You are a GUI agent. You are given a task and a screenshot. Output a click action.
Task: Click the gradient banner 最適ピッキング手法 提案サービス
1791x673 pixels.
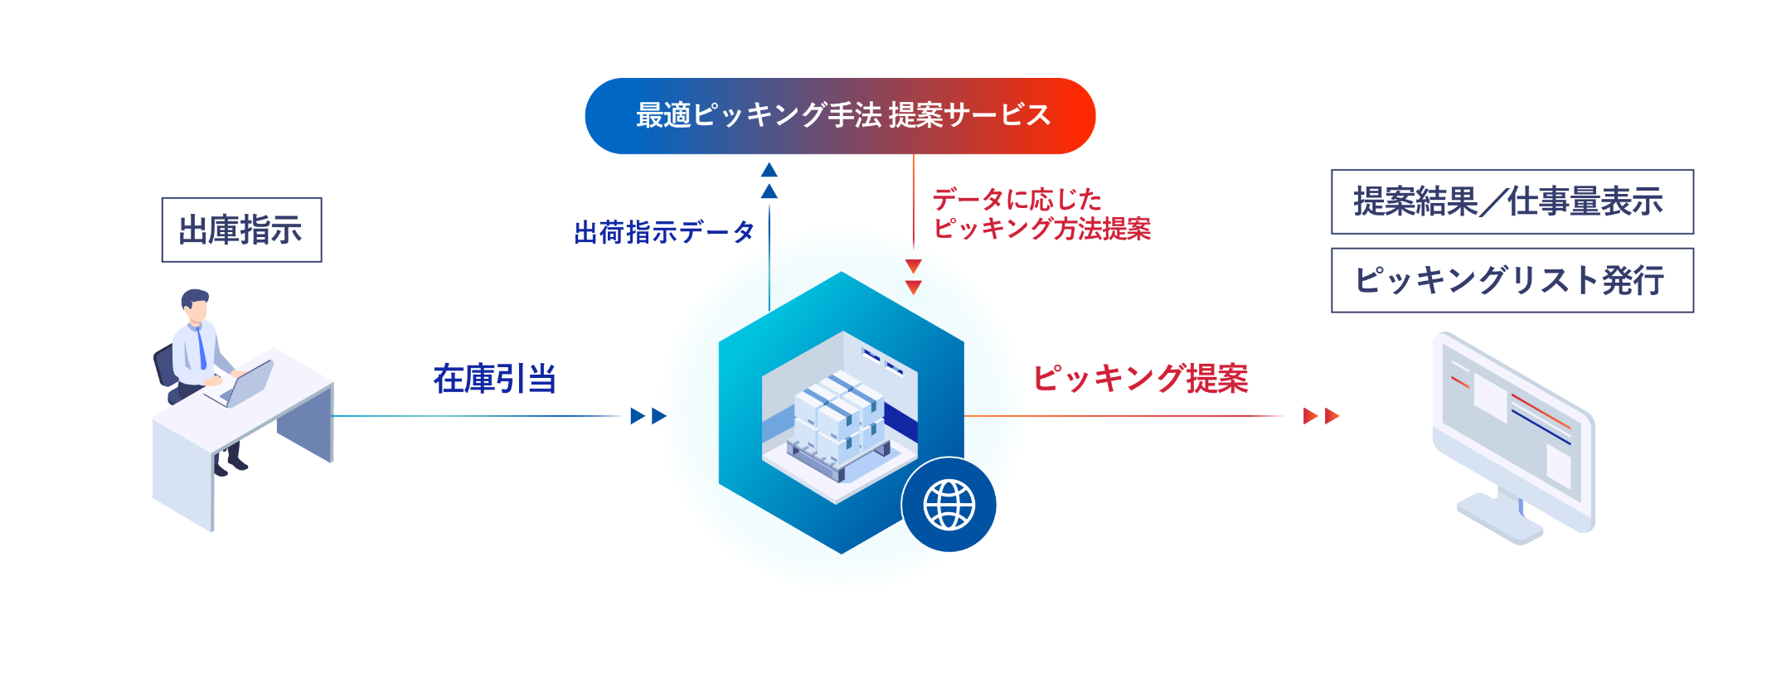click(x=840, y=116)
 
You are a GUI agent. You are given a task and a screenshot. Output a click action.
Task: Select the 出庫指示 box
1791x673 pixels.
click(x=241, y=230)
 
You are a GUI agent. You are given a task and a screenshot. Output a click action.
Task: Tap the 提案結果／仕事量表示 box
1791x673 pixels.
click(x=1512, y=201)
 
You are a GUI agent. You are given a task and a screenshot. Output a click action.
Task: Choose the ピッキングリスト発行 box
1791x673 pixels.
click(x=1512, y=280)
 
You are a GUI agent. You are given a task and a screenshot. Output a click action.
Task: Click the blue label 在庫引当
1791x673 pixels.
click(x=494, y=379)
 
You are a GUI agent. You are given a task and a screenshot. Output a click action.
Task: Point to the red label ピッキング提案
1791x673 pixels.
click(x=1140, y=379)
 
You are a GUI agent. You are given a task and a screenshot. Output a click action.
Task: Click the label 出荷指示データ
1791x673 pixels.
click(x=663, y=232)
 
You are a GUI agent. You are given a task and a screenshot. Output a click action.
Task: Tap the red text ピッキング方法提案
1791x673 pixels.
click(x=1041, y=229)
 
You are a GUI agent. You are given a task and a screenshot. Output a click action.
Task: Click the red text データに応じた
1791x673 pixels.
click(x=1017, y=199)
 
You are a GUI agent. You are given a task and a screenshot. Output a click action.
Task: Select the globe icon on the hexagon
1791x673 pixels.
click(x=949, y=505)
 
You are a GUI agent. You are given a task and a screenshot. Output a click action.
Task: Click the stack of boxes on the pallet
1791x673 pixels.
click(x=837, y=419)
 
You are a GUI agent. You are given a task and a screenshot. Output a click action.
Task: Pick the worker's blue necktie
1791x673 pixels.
click(x=201, y=348)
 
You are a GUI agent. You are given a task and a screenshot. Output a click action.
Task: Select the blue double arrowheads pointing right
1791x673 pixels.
click(x=648, y=416)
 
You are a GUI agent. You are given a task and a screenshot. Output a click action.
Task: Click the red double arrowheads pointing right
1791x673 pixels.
click(x=1321, y=416)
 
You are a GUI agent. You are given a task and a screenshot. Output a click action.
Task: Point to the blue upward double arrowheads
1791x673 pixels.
click(x=769, y=181)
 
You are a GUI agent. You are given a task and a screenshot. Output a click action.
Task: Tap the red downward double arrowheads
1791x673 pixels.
click(x=913, y=277)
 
